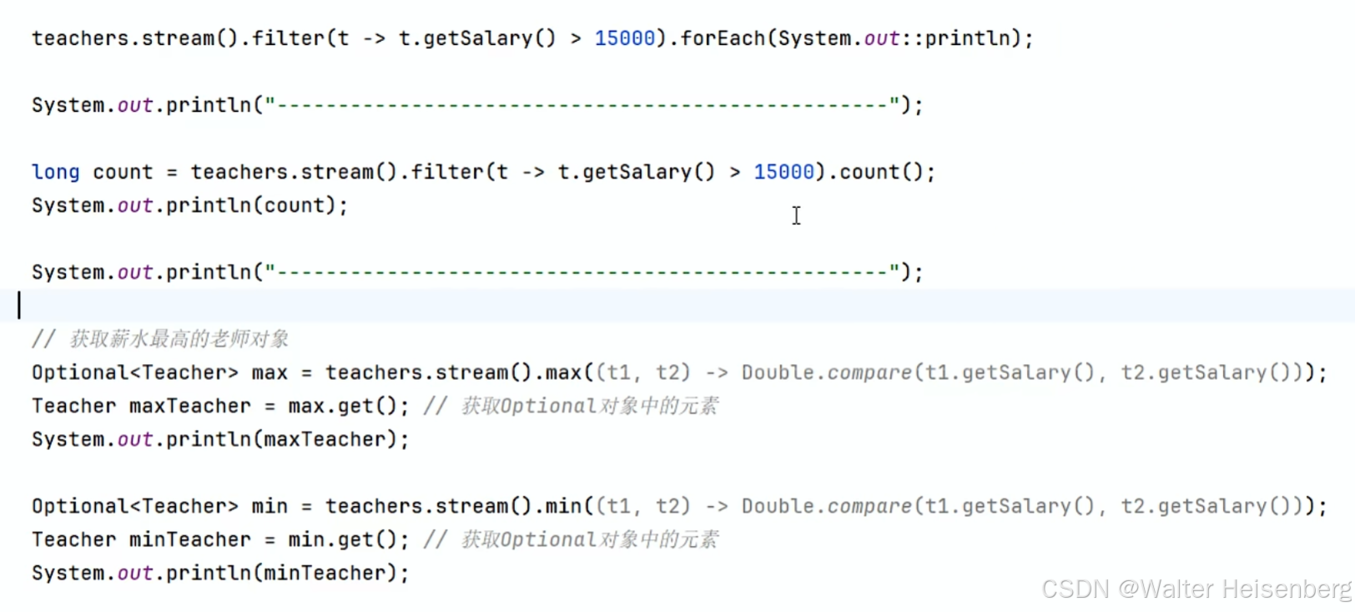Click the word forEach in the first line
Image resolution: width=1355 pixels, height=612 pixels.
click(723, 38)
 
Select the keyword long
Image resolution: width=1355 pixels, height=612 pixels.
click(56, 172)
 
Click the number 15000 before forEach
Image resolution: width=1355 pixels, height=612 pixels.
click(624, 38)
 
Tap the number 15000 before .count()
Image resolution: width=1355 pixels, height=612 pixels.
click(783, 172)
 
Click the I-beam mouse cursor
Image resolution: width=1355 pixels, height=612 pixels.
click(797, 215)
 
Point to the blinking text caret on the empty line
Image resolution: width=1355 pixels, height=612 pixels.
click(19, 306)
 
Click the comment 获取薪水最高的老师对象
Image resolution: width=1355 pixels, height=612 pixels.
click(179, 339)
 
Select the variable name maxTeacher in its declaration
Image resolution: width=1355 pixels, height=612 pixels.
click(189, 406)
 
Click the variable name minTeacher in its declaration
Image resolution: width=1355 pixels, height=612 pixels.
click(189, 539)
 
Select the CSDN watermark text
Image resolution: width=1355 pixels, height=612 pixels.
click(1075, 589)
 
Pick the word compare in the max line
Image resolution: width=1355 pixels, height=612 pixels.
click(869, 372)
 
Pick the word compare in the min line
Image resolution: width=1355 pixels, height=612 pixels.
click(869, 506)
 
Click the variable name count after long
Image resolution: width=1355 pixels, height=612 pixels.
click(123, 172)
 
